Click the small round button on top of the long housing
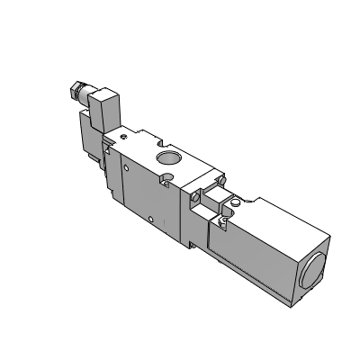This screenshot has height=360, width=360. pos(233,204)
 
